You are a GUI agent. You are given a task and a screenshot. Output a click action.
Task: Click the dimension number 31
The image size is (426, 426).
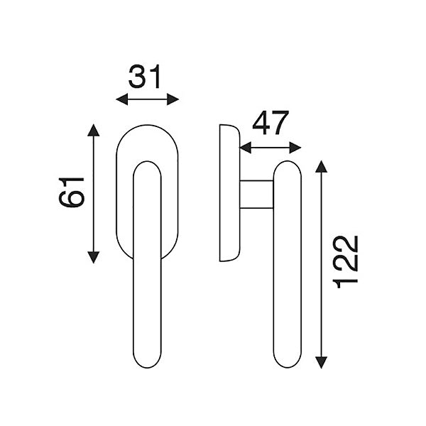click(x=145, y=77)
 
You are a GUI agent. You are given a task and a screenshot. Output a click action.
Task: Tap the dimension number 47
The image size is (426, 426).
click(x=270, y=123)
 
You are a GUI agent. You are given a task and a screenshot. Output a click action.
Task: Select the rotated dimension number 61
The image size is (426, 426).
click(x=72, y=192)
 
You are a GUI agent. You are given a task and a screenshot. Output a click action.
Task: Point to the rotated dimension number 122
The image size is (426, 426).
click(x=345, y=261)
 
